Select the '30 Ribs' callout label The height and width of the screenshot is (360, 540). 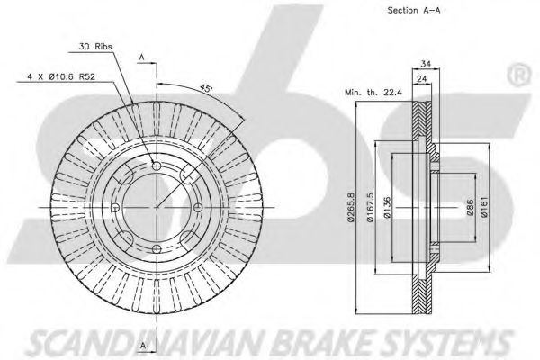95,48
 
